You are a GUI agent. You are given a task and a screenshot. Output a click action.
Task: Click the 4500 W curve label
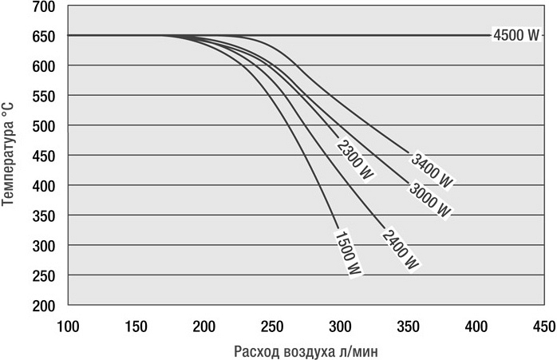point(516,35)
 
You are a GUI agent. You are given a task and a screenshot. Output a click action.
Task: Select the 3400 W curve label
point(432,169)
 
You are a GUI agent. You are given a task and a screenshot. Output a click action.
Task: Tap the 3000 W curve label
point(430,200)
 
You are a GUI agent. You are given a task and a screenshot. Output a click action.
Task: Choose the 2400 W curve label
point(401,249)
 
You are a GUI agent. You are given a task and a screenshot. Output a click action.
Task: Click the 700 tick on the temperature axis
point(45,7)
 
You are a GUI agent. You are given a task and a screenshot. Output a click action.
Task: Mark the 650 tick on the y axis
point(45,37)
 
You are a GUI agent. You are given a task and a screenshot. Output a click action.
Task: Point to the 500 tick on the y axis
point(45,126)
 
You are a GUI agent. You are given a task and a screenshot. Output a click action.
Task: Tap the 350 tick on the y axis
point(45,216)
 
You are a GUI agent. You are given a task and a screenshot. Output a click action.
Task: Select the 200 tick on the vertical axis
point(45,306)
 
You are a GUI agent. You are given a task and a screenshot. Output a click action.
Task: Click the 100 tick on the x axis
point(69,326)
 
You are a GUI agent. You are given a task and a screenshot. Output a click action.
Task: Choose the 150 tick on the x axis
point(136,326)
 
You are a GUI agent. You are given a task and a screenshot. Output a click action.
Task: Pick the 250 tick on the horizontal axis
point(272,326)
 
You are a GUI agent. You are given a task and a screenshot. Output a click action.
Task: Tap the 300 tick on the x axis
point(341,326)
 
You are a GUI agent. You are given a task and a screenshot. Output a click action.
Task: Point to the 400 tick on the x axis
point(476,326)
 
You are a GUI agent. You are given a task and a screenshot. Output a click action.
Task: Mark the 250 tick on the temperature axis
point(45,276)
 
